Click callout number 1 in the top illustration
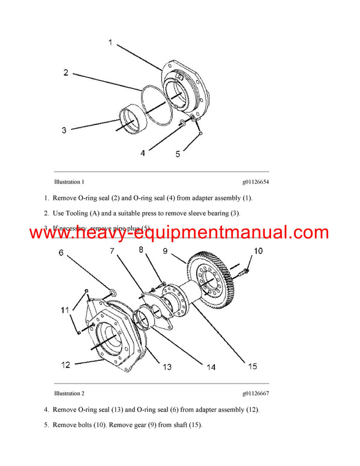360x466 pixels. [110, 43]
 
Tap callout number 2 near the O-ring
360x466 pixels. [65, 73]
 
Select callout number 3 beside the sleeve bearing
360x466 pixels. [65, 129]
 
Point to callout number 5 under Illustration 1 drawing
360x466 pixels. [178, 154]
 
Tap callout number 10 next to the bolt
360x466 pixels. [257, 250]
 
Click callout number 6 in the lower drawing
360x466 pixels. [61, 253]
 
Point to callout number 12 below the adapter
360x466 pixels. [65, 364]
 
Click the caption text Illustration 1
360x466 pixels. [69, 181]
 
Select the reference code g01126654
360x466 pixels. [255, 181]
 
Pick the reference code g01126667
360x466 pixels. [255, 393]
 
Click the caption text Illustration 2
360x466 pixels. [69, 393]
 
